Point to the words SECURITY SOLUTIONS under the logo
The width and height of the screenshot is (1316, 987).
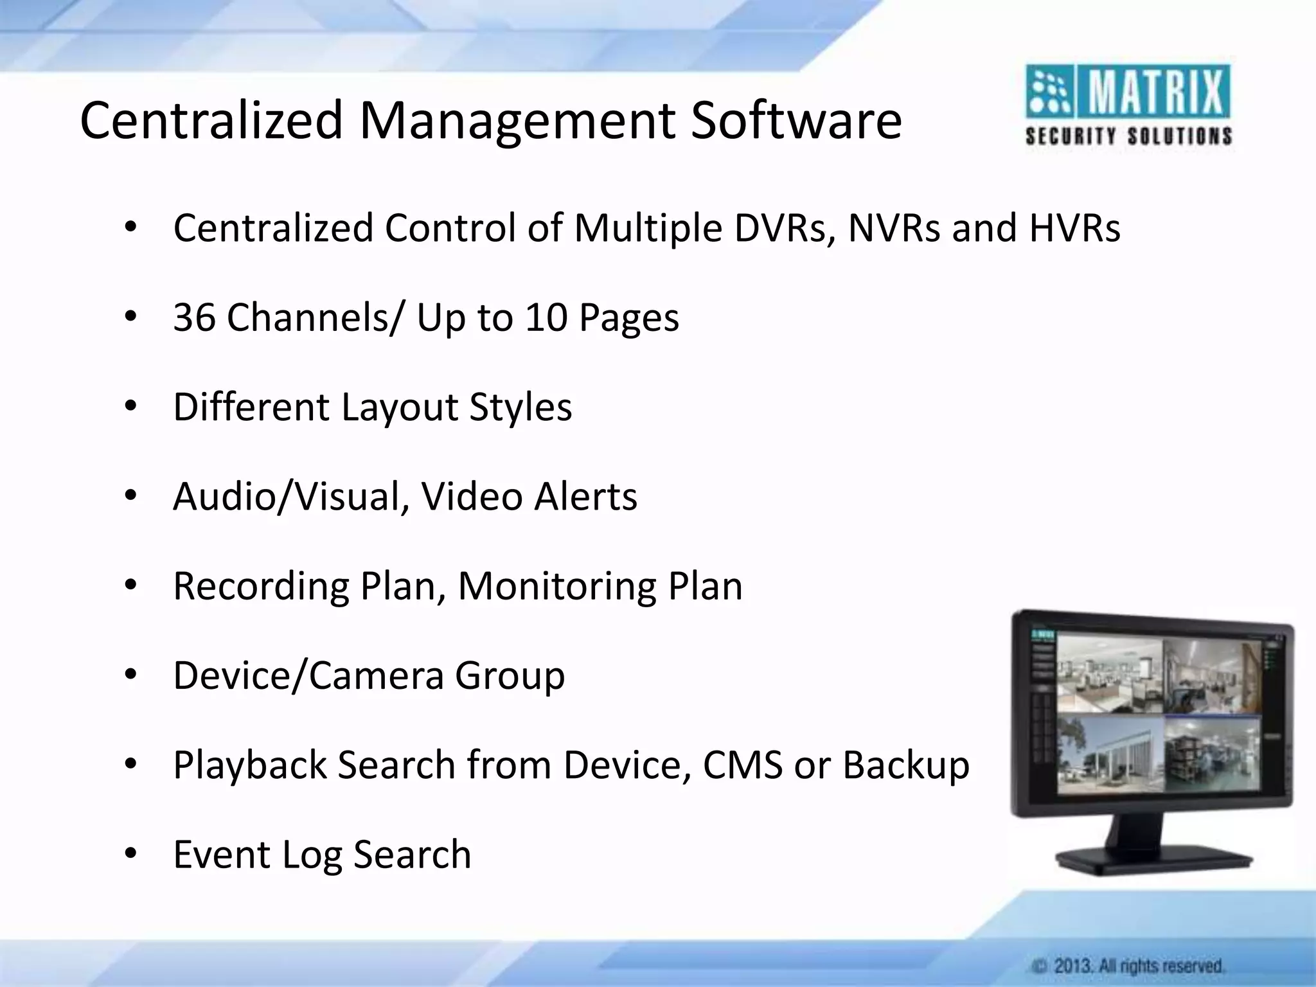point(1128,136)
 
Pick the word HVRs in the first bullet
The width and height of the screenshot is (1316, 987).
point(1074,228)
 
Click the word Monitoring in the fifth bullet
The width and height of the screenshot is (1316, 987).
point(556,586)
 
